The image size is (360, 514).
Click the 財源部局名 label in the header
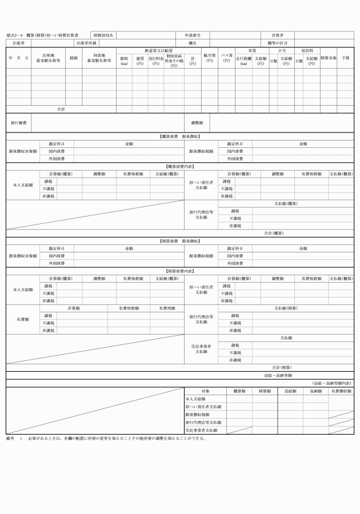(x=103, y=35)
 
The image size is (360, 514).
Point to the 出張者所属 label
(x=87, y=43)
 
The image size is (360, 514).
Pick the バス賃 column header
(x=226, y=58)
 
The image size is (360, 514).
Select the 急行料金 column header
(x=155, y=60)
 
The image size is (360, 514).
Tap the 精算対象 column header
(x=328, y=58)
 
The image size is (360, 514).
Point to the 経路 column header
(x=74, y=58)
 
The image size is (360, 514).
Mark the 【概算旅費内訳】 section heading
(x=180, y=166)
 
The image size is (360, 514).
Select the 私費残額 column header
(x=167, y=308)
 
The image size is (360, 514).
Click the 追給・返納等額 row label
(x=279, y=375)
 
